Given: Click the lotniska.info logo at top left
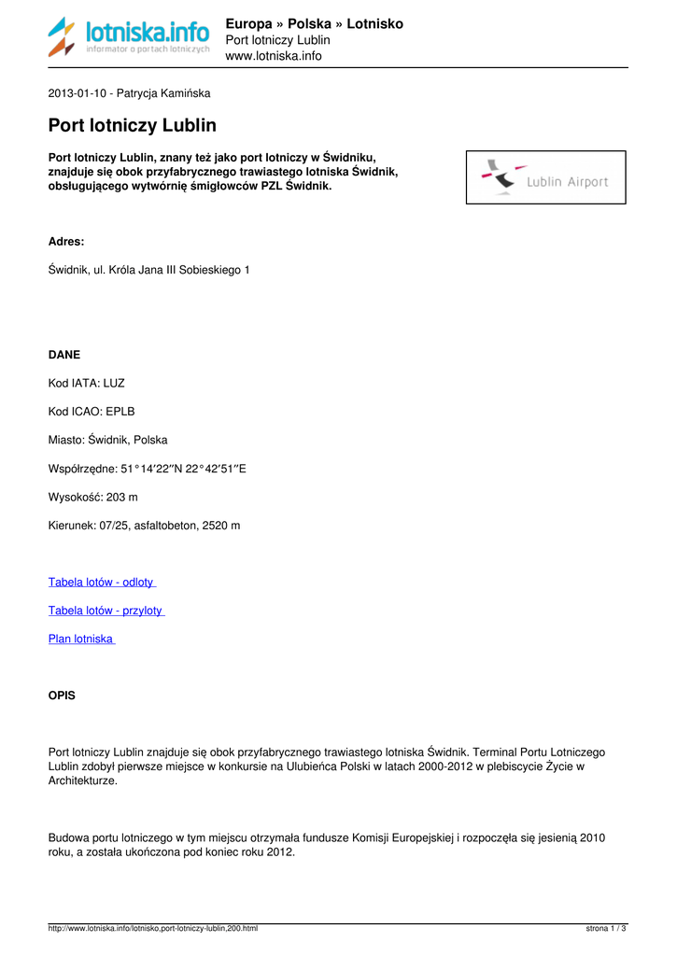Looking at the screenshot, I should coord(129,37).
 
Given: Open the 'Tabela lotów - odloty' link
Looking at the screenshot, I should coord(102,582).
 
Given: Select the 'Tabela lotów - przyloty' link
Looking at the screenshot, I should coord(106,611).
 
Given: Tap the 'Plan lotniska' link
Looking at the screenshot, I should coord(81,639).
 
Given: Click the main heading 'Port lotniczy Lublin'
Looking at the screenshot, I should coord(132,125).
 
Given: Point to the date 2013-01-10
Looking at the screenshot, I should coord(78,93).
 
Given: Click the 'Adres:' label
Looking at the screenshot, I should coord(65,241).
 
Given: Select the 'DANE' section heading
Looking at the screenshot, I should coord(63,355).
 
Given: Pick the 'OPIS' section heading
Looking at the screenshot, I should coord(62,696).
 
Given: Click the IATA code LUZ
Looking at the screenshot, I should coord(114,383).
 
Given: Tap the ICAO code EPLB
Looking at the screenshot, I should coord(120,411).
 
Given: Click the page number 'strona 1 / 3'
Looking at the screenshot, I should coord(606,928).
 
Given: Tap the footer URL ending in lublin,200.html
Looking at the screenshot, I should coord(153,928).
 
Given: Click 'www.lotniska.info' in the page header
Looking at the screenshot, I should coord(274,56).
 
